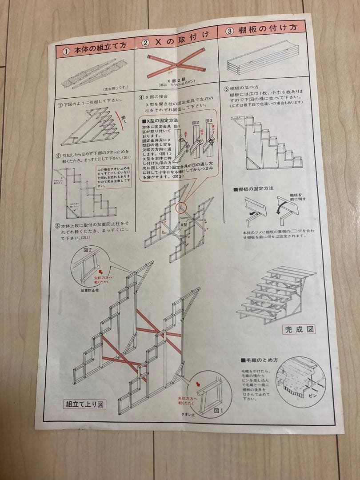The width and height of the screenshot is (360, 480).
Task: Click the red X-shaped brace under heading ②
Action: [x=176, y=67]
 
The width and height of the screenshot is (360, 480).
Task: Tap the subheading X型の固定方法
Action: [x=159, y=120]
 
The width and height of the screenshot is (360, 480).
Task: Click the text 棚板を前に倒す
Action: [x=296, y=197]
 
